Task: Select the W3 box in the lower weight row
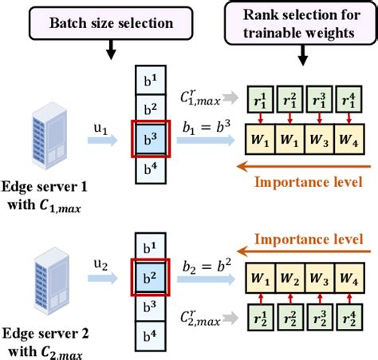[319, 281]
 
